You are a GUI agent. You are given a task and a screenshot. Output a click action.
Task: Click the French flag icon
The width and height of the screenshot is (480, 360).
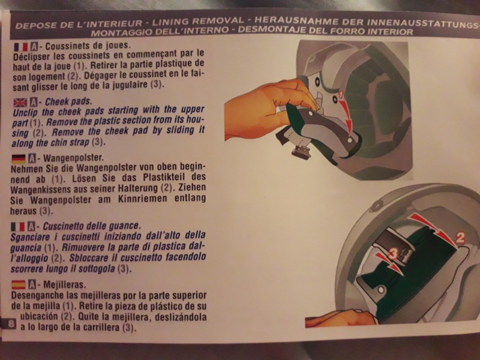coord(21,47)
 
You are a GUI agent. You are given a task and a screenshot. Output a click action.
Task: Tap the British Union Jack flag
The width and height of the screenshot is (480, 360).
coord(20,103)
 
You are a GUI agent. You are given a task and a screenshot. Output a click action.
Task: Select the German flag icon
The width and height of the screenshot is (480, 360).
coord(19,159)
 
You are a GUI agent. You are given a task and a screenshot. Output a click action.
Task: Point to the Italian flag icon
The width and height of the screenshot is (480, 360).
coord(18,227)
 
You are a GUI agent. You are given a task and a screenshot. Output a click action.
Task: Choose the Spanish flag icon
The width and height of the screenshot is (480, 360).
coord(19,285)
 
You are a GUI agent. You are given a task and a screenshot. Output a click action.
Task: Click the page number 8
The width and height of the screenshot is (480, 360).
coord(11,323)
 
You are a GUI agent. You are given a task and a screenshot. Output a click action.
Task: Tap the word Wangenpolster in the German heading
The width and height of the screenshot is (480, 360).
coord(73,158)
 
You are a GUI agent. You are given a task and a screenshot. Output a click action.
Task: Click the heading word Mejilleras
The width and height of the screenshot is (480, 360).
coord(65,284)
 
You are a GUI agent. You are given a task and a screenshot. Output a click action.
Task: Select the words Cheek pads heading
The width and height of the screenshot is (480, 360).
coord(68,101)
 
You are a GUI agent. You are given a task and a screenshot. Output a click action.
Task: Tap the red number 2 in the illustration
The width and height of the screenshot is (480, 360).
coord(460,238)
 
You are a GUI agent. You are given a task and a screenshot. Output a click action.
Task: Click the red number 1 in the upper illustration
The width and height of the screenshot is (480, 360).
coord(341,96)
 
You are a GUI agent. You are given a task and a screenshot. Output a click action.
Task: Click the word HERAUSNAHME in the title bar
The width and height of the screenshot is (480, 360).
coord(296,21)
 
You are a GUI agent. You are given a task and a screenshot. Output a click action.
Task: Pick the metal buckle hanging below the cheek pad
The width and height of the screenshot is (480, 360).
coord(302,151)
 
